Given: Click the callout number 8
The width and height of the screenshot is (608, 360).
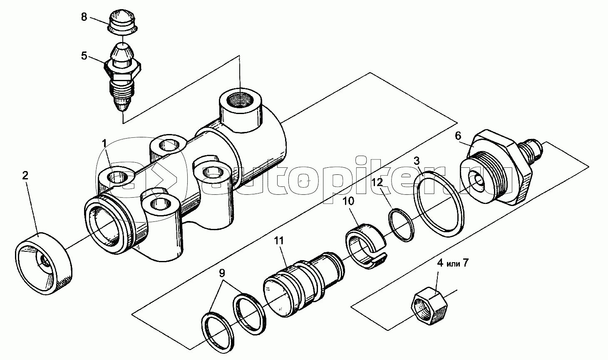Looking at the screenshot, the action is pyautogui.click(x=84, y=17).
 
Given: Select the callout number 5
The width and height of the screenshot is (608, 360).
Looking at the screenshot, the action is pyautogui.click(x=84, y=56).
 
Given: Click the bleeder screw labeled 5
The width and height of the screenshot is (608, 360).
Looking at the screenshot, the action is pyautogui.click(x=122, y=78).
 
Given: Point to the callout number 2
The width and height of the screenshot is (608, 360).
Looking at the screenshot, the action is pyautogui.click(x=25, y=176).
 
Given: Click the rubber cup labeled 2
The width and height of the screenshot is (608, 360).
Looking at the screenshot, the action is pyautogui.click(x=44, y=263).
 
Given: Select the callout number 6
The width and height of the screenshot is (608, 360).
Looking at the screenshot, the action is pyautogui.click(x=458, y=136).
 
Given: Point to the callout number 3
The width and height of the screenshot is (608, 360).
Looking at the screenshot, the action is pyautogui.click(x=417, y=161).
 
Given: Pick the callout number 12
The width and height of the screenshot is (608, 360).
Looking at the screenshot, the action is pyautogui.click(x=377, y=182).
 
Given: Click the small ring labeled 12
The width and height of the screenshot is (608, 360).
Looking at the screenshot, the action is pyautogui.click(x=402, y=225).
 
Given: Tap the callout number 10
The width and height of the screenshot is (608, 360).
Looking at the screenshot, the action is pyautogui.click(x=348, y=201).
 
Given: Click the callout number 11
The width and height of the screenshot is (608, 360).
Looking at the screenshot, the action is pyautogui.click(x=279, y=241).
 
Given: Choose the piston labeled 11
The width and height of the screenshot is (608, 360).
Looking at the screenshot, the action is pyautogui.click(x=304, y=285).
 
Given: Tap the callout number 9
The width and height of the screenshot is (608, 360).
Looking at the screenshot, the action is pyautogui.click(x=222, y=273).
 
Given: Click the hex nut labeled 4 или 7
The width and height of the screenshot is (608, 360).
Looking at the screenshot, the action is pyautogui.click(x=429, y=306).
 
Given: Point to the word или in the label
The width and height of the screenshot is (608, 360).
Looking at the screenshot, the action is pyautogui.click(x=453, y=263).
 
